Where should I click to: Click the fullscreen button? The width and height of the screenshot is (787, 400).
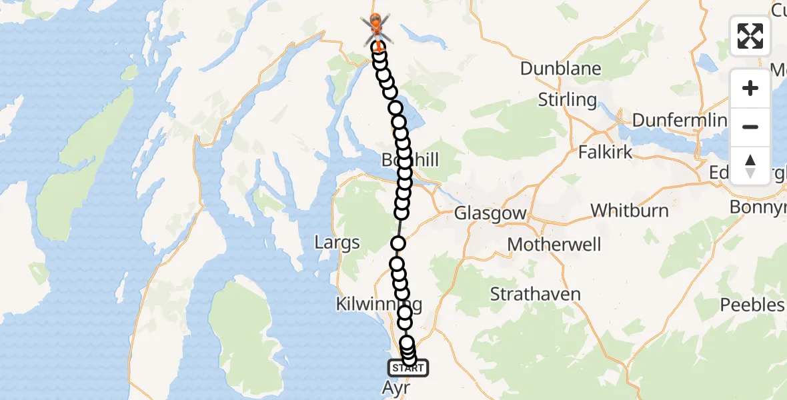click(x=750, y=36)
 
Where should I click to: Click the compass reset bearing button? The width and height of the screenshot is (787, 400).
click(x=750, y=165)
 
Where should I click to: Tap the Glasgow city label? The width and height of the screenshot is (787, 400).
click(x=490, y=214)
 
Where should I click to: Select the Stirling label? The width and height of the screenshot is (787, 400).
click(x=567, y=100)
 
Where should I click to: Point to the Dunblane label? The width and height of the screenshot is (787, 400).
click(x=560, y=69)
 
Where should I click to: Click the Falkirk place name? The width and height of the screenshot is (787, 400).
click(x=605, y=151)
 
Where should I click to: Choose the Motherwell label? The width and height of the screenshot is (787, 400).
click(x=554, y=244)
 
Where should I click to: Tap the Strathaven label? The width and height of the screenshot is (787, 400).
click(x=535, y=293)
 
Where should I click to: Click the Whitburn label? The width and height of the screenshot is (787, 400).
click(x=629, y=211)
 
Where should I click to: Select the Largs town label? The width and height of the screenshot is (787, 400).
click(x=337, y=243)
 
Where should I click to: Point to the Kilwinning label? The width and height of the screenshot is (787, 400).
click(x=379, y=305)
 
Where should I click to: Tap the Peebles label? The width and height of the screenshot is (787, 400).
click(x=752, y=305)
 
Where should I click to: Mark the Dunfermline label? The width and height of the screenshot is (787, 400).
click(x=678, y=121)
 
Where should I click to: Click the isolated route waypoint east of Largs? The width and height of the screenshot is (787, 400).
click(x=398, y=243)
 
